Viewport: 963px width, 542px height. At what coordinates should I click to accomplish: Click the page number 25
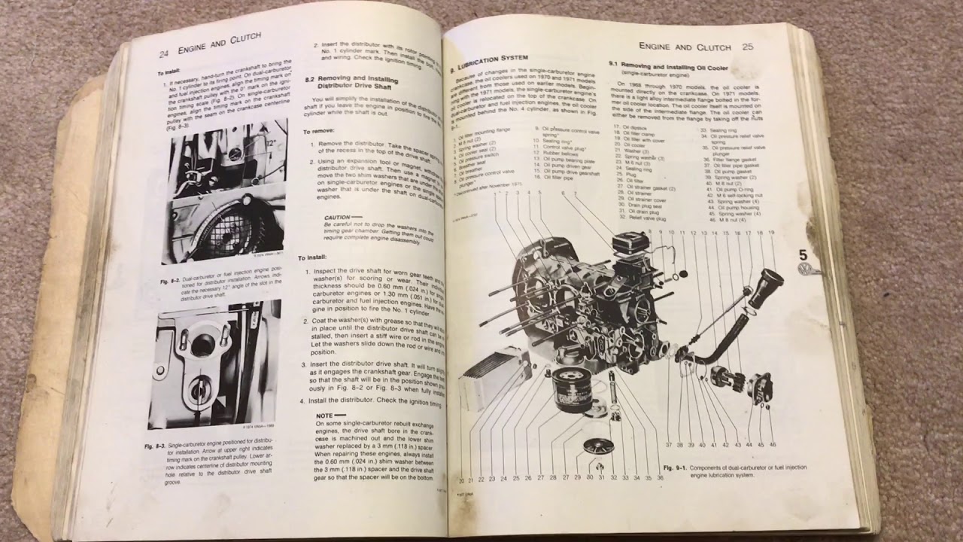(x=747, y=47)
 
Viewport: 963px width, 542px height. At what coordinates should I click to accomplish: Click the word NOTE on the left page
(x=324, y=415)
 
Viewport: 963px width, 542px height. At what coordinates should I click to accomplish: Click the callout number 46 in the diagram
(x=771, y=444)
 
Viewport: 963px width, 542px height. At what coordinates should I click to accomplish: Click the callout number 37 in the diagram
(x=668, y=445)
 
